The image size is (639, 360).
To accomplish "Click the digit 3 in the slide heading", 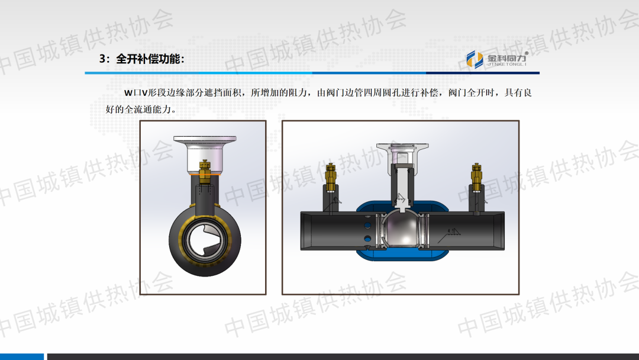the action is pyautogui.click(x=102, y=59).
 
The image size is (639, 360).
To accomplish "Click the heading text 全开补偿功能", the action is pyautogui.click(x=149, y=59).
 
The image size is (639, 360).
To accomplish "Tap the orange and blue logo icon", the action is pyautogui.click(x=475, y=60).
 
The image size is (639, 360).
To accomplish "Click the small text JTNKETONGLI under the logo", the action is pyautogui.click(x=507, y=65).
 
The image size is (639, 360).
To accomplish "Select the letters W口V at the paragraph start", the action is pyautogui.click(x=135, y=93).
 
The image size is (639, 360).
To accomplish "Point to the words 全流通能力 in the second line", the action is pyautogui.click(x=147, y=110).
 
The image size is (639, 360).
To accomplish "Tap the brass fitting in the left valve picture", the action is pyautogui.click(x=205, y=172).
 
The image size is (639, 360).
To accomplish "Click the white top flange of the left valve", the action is pyautogui.click(x=205, y=139).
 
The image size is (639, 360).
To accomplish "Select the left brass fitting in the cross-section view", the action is pyautogui.click(x=331, y=178).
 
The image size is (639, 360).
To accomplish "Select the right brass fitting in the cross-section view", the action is pyautogui.click(x=476, y=178).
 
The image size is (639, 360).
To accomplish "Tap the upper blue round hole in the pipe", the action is pyautogui.click(x=367, y=225).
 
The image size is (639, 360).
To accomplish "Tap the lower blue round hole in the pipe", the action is pyautogui.click(x=367, y=239).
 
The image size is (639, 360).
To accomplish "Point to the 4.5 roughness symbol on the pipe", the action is pyautogui.click(x=453, y=232).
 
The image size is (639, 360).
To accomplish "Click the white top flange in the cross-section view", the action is pyautogui.click(x=402, y=146).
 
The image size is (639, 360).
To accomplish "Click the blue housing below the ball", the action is pyautogui.click(x=402, y=255).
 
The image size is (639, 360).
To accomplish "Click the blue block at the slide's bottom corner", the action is pyautogui.click(x=22, y=356).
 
